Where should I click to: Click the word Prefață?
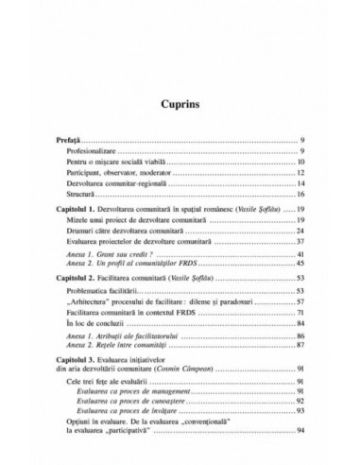(x=73, y=139)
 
